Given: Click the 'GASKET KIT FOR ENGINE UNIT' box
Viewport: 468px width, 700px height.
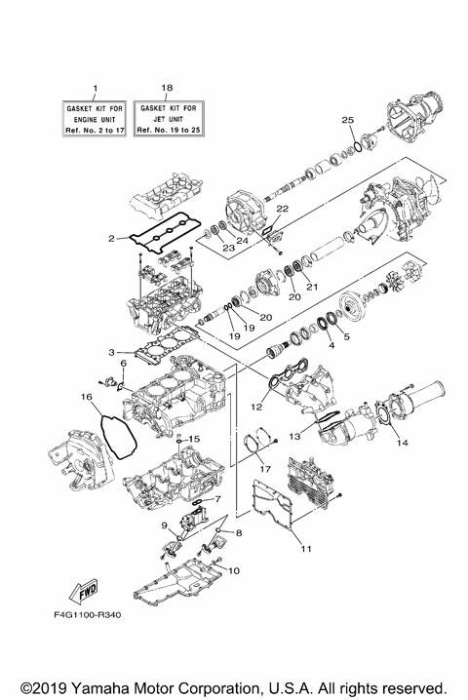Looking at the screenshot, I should click(95, 117).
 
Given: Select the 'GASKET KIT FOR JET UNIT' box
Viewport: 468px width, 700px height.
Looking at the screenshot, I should click(167, 117).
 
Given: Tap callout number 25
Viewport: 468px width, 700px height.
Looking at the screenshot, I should click(347, 119).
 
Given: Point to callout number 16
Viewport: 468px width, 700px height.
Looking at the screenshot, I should click(86, 398).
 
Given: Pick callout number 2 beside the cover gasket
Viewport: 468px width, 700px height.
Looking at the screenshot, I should click(113, 237).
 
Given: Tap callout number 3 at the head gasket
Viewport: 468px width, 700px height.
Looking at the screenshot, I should click(113, 352).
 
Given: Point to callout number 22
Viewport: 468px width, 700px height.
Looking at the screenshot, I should click(281, 209).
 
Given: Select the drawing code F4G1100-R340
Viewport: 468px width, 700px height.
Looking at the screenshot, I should click(87, 616).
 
